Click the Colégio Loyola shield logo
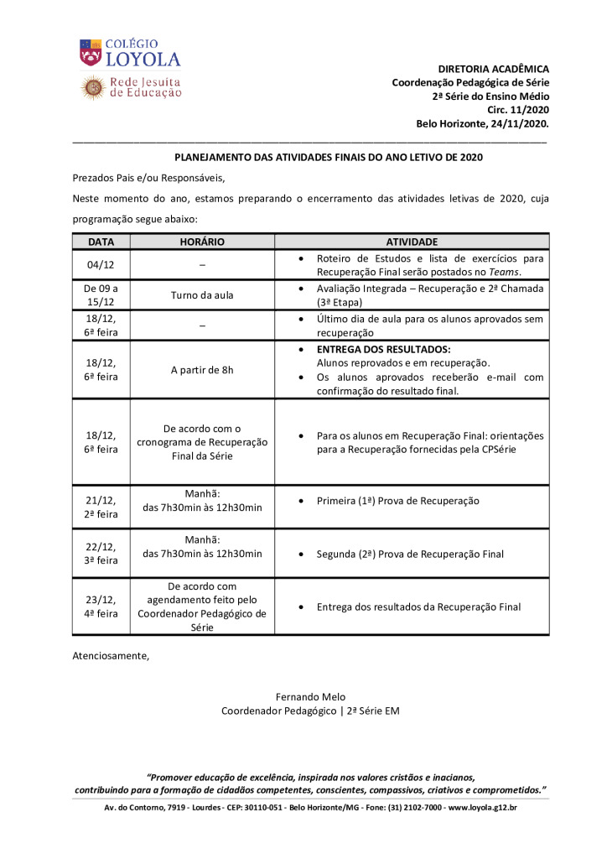[x=91, y=53]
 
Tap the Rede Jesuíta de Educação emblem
[x=92, y=86]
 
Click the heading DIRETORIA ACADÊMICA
[x=493, y=69]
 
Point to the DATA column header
[x=101, y=242]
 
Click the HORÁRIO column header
[x=202, y=242]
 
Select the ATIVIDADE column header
[x=412, y=242]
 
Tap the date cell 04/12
[x=101, y=265]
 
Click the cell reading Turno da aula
[x=202, y=295]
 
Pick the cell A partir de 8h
[x=202, y=370]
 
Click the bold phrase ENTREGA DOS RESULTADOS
[x=383, y=349]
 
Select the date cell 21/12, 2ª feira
[x=101, y=508]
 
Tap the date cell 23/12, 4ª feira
[x=101, y=607]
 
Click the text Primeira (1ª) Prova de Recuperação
[x=397, y=501]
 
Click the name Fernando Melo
[x=310, y=697]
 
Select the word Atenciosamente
[x=111, y=656]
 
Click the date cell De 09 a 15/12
[x=101, y=295]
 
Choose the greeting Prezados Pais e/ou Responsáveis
[x=149, y=178]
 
